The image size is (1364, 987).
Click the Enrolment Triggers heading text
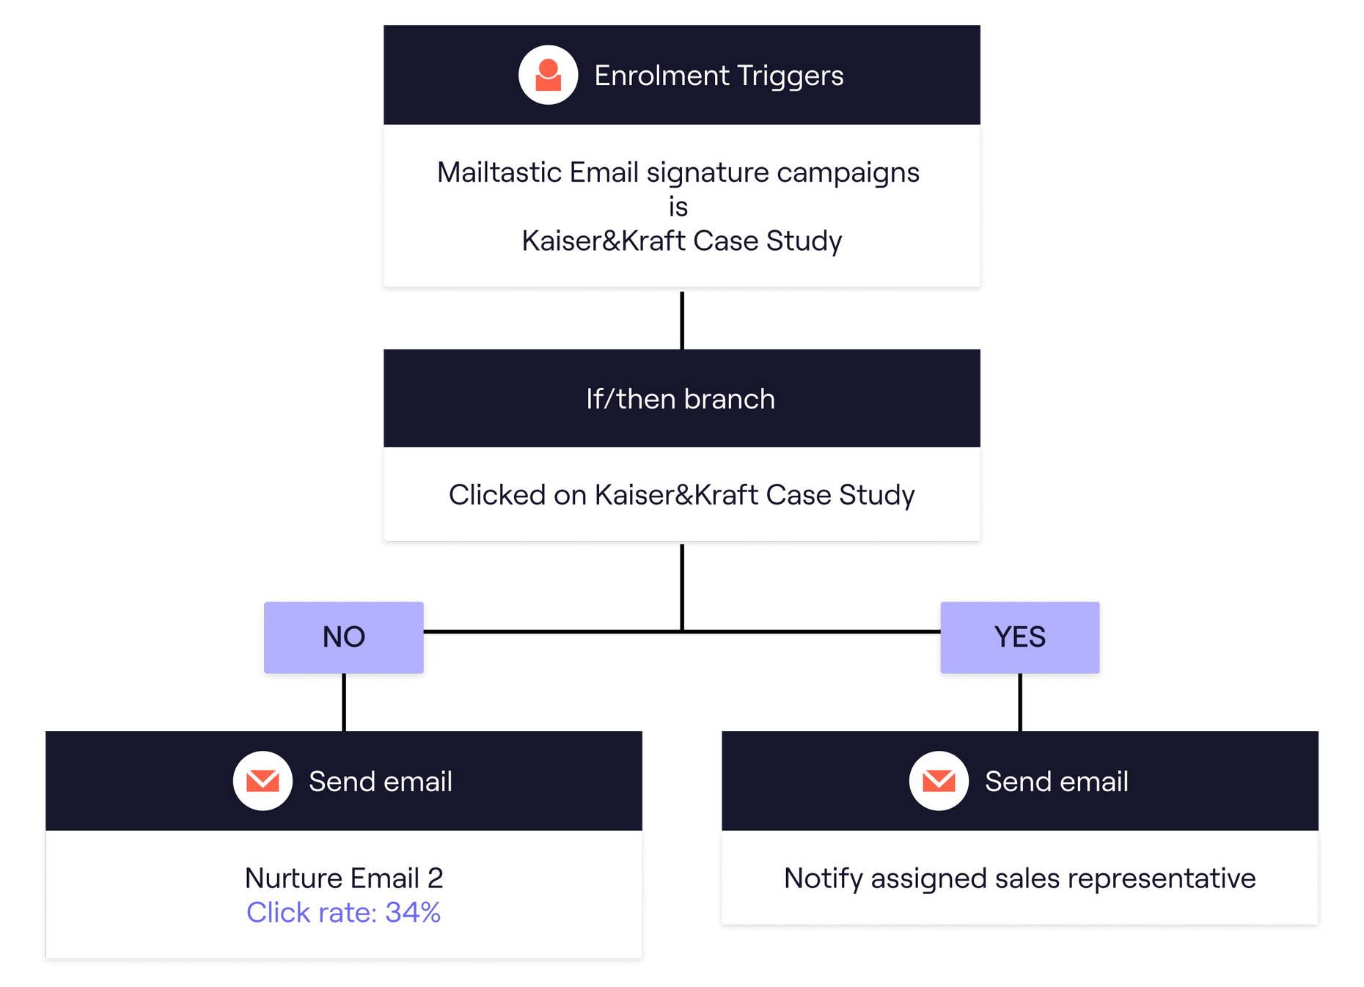pyautogui.click(x=719, y=76)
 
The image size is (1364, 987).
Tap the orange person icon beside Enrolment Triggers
pyautogui.click(x=548, y=75)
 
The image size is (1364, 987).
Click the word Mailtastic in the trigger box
pyautogui.click(x=499, y=172)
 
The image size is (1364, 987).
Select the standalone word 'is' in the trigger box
pyautogui.click(x=678, y=207)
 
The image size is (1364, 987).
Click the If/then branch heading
pyautogui.click(x=681, y=399)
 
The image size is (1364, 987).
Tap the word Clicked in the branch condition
pyautogui.click(x=496, y=495)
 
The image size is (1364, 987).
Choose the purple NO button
pyautogui.click(x=344, y=637)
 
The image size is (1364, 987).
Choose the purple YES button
pyautogui.click(x=1019, y=637)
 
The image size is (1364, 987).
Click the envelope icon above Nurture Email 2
pyautogui.click(x=263, y=781)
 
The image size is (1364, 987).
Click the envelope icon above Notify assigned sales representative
pyautogui.click(x=939, y=781)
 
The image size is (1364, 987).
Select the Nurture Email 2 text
pyautogui.click(x=344, y=878)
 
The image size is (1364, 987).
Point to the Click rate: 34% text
pyautogui.click(x=343, y=912)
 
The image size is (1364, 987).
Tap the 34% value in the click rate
pyautogui.click(x=413, y=912)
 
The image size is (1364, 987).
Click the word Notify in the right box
pyautogui.click(x=823, y=878)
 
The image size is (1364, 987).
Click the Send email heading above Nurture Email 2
pyautogui.click(x=380, y=782)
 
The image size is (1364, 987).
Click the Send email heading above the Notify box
pyautogui.click(x=1056, y=782)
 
